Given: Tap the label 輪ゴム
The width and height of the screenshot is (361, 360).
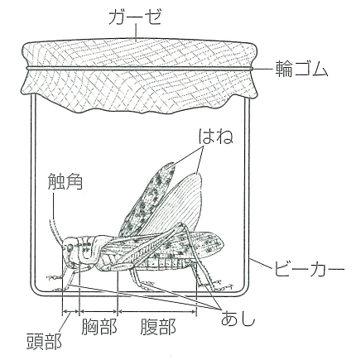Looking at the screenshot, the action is [301, 69].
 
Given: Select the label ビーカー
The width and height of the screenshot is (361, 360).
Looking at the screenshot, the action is [309, 268].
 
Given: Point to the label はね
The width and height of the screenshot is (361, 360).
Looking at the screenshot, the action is [217, 137].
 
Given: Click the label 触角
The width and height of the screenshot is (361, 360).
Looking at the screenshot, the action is [65, 181].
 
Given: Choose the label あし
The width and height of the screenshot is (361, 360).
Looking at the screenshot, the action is [237, 319].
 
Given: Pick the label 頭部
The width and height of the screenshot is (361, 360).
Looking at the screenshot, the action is [44, 341].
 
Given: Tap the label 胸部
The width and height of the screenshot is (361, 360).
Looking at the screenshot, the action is [99, 326].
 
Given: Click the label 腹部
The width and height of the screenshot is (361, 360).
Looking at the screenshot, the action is [158, 326].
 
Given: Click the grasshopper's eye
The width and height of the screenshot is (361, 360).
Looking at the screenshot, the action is [70, 247].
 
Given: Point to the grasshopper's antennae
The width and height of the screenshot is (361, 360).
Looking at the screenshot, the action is [55, 232].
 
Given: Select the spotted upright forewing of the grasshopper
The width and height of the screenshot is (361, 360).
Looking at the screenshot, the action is [147, 199].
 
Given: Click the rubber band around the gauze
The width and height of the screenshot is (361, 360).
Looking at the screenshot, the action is [140, 68].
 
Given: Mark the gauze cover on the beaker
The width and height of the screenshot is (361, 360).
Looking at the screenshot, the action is [140, 75].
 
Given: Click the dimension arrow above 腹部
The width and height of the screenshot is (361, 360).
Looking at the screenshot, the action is [157, 312].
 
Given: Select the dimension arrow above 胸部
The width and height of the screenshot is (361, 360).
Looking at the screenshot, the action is [99, 312].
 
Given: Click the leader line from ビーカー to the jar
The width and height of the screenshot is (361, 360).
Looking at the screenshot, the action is [260, 263].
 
